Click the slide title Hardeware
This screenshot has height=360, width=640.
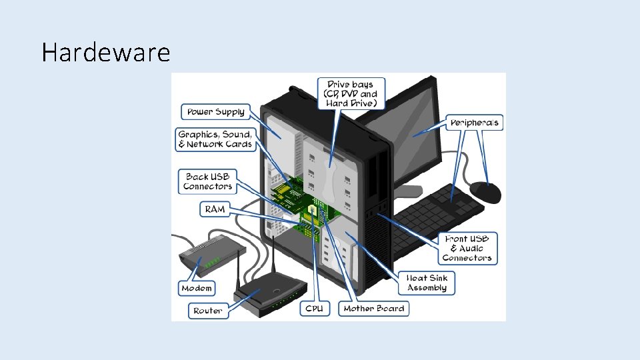point(105,52)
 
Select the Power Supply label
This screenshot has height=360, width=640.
point(215,111)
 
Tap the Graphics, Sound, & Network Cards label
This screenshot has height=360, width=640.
point(215,139)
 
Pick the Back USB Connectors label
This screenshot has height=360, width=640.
point(208,181)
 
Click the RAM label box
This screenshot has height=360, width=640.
point(215,209)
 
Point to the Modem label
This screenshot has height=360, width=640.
point(197,288)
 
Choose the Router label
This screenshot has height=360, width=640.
point(208,311)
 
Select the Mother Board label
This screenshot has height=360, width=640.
point(373,309)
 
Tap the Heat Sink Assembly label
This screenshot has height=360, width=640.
point(427,283)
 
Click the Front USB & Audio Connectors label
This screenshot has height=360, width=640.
point(467,248)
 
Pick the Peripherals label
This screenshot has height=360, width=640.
point(475,123)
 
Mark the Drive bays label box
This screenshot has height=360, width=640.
point(351,94)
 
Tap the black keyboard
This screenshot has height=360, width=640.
point(440,213)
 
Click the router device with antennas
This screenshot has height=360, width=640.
point(270,297)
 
